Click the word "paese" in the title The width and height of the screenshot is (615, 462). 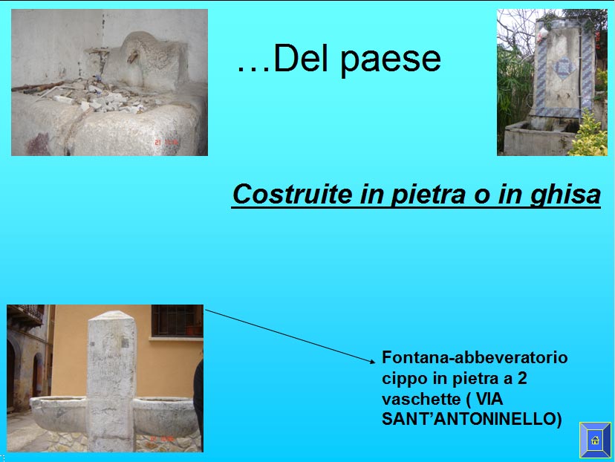pyautogui.click(x=391, y=59)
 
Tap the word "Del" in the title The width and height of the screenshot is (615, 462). pyautogui.click(x=300, y=58)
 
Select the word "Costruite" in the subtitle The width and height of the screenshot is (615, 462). pyautogui.click(x=292, y=194)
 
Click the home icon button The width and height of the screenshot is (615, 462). pyautogui.click(x=595, y=440)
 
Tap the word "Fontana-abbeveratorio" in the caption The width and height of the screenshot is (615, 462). pyautogui.click(x=475, y=357)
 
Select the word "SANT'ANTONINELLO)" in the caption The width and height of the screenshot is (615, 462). pyautogui.click(x=472, y=419)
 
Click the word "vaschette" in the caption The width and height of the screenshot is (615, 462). pyautogui.click(x=421, y=399)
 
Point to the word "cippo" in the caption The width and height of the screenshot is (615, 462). pyautogui.click(x=405, y=380)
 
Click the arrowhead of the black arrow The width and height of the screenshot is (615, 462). pyautogui.click(x=372, y=361)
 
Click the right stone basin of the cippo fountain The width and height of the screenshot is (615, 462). pyautogui.click(x=166, y=415)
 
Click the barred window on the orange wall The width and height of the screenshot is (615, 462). pyautogui.click(x=177, y=320)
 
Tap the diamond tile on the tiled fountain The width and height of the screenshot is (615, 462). pyautogui.click(x=564, y=67)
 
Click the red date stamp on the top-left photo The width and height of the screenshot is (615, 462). pyautogui.click(x=166, y=142)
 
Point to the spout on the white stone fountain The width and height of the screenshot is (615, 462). pyautogui.click(x=132, y=57)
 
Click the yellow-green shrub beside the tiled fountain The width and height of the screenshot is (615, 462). pyautogui.click(x=590, y=136)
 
